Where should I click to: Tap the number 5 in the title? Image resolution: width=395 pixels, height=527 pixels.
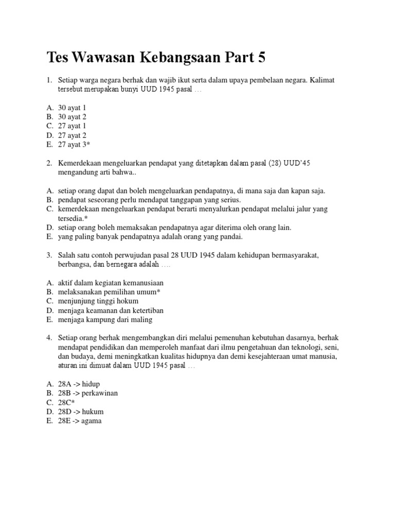click(262, 58)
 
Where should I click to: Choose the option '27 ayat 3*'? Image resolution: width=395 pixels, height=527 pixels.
click(74, 145)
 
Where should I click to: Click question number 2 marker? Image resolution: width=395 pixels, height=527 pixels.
click(49, 163)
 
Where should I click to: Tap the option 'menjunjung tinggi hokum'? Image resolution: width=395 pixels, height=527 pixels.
click(98, 301)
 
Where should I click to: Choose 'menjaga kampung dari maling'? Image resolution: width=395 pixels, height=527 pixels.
click(105, 320)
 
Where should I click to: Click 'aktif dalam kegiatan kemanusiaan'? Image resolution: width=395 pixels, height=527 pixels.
click(111, 283)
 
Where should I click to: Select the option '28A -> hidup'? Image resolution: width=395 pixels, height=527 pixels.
click(79, 384)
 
